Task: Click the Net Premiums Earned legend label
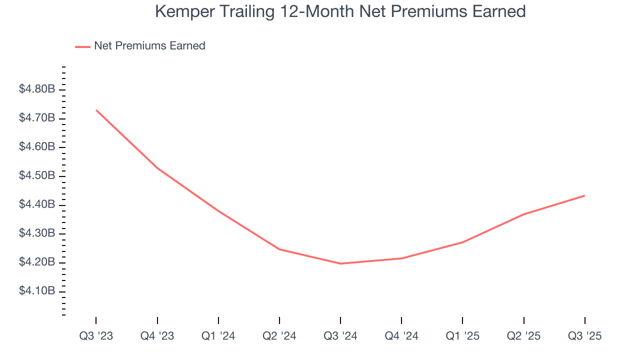point(149,46)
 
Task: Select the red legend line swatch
point(82,46)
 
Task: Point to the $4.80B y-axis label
point(37,89)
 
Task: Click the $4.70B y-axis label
point(37,118)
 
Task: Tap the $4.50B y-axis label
point(37,176)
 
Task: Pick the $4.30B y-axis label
point(37,233)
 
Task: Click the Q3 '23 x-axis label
point(96,336)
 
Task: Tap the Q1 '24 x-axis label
point(218,336)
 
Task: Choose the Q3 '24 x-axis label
point(340,336)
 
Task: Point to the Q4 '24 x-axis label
point(401,336)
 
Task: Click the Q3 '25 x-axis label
point(584,336)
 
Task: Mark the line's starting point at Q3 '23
point(96,110)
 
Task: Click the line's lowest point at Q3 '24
point(340,263)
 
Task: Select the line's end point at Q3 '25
point(584,195)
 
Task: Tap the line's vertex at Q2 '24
point(279,249)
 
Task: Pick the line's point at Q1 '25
point(462,242)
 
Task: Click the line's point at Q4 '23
point(157,168)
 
